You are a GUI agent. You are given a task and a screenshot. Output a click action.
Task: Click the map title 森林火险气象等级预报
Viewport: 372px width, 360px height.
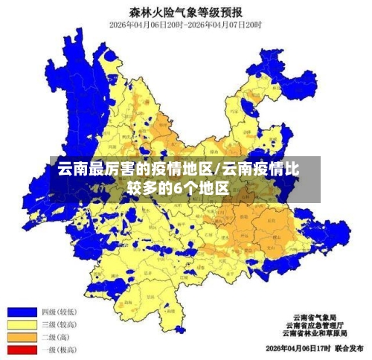tap(186, 12)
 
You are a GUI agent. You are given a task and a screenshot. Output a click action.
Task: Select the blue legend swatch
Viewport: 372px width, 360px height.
tap(22, 312)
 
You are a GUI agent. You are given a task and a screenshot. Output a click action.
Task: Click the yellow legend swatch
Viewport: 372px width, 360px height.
tap(22, 324)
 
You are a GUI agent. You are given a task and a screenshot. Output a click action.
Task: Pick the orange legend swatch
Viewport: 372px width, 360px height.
tap(22, 337)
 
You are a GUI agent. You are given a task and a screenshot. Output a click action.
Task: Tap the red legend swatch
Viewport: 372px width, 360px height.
tap(22, 349)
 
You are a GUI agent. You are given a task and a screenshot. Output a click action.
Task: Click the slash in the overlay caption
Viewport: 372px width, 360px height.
tap(217, 169)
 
